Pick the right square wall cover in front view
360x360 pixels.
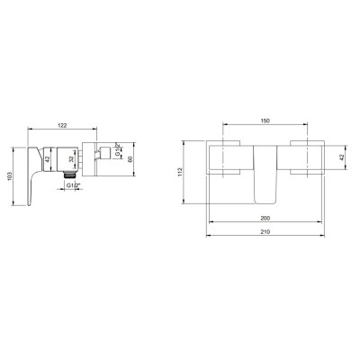306,157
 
